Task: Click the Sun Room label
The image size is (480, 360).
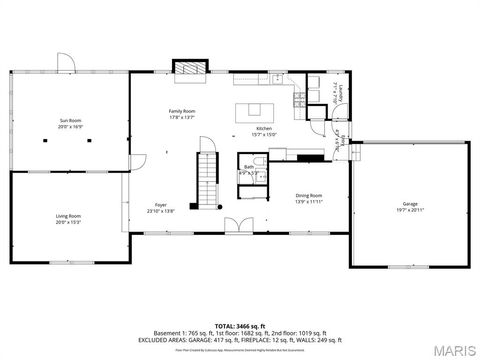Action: tap(68, 120)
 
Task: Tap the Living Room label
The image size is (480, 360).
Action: tap(68, 216)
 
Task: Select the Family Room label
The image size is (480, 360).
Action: tap(181, 110)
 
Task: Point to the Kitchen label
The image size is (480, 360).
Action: tap(264, 129)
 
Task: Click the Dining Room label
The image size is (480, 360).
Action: tap(308, 195)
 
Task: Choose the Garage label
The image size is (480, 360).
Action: tap(410, 203)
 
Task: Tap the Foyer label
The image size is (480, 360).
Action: tap(160, 204)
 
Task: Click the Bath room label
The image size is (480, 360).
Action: tap(247, 168)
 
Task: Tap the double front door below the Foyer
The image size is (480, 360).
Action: tap(233, 226)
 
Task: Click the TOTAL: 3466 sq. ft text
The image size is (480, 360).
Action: tap(239, 325)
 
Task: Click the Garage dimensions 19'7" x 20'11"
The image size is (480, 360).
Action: tap(410, 209)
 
